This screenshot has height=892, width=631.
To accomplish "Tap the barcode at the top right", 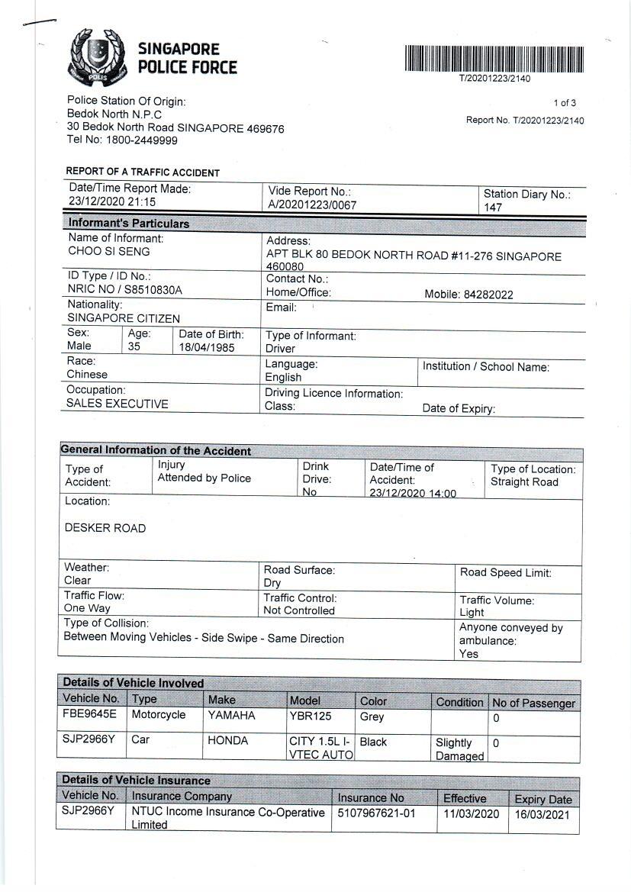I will [494, 59].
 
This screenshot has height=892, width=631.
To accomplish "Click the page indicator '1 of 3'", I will [565, 103].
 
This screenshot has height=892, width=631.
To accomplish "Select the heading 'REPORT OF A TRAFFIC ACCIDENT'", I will [143, 172].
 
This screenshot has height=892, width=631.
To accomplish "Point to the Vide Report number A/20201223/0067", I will [312, 205].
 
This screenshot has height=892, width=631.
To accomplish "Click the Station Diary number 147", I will [493, 208].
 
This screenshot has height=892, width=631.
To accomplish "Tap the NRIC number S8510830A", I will [124, 290].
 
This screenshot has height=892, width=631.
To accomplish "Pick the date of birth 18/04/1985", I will [207, 348].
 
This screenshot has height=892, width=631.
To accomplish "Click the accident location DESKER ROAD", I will [105, 528].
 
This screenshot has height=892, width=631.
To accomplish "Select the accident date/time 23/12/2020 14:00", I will [413, 494].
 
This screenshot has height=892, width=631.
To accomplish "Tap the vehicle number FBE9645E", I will [90, 715].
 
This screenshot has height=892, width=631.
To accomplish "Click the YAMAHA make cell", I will [231, 716].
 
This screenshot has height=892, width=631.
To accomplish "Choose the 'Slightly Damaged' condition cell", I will [459, 749].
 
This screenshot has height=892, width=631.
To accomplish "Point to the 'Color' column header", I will [373, 700].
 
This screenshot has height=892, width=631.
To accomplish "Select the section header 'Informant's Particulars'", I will [128, 224].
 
